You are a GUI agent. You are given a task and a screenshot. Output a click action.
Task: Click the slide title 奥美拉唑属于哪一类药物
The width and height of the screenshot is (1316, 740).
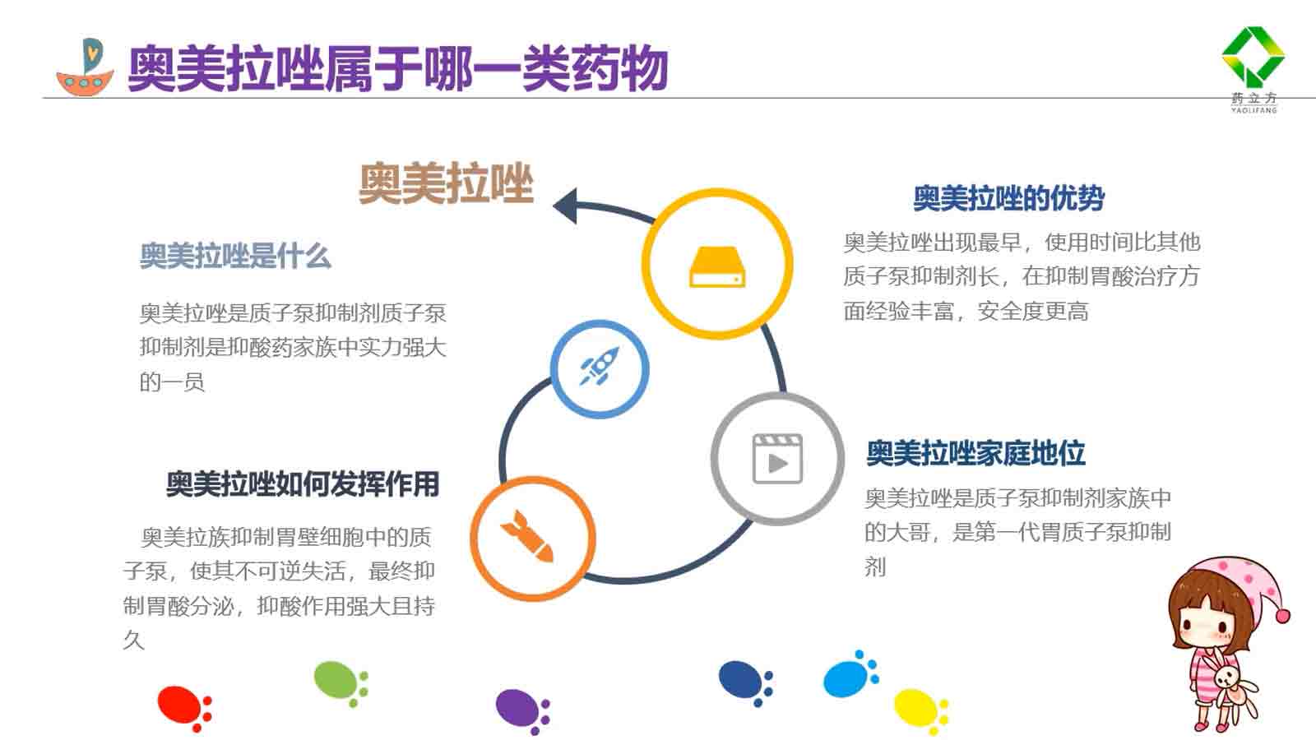tap(398, 69)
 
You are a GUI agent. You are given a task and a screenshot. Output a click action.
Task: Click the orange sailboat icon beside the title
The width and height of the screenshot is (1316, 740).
tap(85, 67)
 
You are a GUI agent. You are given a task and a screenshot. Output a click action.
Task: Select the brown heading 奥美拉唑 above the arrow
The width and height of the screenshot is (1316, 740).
tap(446, 184)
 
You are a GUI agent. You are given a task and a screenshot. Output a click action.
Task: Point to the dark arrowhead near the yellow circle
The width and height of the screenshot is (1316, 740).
tap(565, 206)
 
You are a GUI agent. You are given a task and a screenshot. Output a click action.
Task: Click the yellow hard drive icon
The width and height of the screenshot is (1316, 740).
tap(717, 267)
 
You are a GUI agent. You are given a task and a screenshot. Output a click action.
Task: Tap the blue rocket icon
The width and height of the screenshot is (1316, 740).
tap(600, 366)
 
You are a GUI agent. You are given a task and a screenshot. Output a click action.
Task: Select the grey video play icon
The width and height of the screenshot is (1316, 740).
tap(777, 459)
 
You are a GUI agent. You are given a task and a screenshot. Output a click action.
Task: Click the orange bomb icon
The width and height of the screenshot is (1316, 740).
tap(526, 536)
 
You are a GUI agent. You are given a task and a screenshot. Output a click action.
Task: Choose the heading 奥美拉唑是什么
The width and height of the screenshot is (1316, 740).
tap(235, 256)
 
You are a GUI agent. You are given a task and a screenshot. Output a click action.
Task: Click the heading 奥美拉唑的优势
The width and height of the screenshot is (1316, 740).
tap(1008, 198)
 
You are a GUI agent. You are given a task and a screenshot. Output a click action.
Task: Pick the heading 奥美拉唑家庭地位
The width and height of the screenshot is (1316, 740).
tap(975, 453)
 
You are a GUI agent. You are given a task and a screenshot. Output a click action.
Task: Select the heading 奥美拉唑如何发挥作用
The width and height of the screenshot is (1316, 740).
tap(303, 484)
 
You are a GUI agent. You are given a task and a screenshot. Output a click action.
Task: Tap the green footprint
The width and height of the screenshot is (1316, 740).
tap(341, 683)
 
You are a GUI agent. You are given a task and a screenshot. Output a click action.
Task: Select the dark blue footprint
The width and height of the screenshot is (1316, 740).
tap(746, 682)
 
